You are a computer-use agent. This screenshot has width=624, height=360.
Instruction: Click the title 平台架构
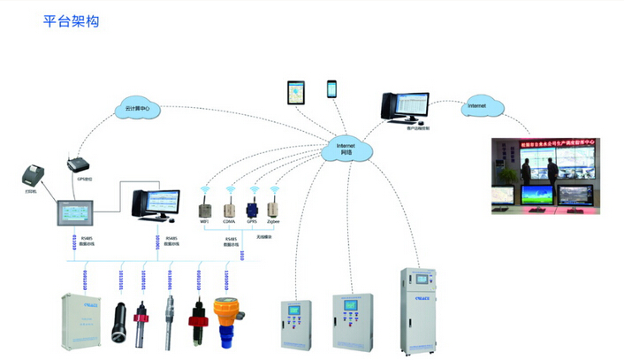click(x=71, y=21)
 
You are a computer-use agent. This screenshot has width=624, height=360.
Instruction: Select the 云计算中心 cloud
click(x=136, y=109)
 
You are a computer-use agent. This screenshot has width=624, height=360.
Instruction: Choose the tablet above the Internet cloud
click(x=294, y=92)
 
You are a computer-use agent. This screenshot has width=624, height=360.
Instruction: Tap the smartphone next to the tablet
click(x=332, y=89)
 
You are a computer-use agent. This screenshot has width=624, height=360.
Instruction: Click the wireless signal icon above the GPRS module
click(x=253, y=189)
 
